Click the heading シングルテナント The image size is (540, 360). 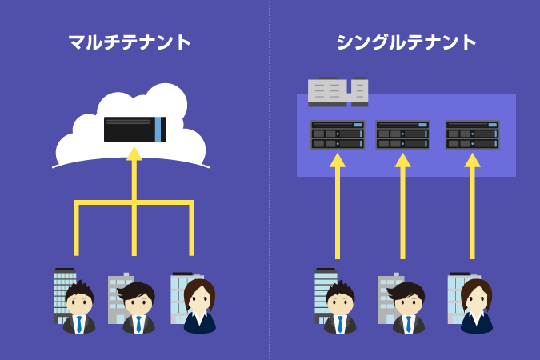[407, 42]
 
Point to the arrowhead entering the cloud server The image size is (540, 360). [134, 152]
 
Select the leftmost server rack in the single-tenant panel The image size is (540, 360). [338, 134]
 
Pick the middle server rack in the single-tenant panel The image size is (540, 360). [402, 134]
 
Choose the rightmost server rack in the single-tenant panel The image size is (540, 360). [472, 134]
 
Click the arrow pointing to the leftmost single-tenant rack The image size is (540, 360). [338, 208]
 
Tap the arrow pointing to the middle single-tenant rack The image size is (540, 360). [402, 208]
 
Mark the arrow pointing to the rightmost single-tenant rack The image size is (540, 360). [472, 208]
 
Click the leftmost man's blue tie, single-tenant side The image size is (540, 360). [339, 324]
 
